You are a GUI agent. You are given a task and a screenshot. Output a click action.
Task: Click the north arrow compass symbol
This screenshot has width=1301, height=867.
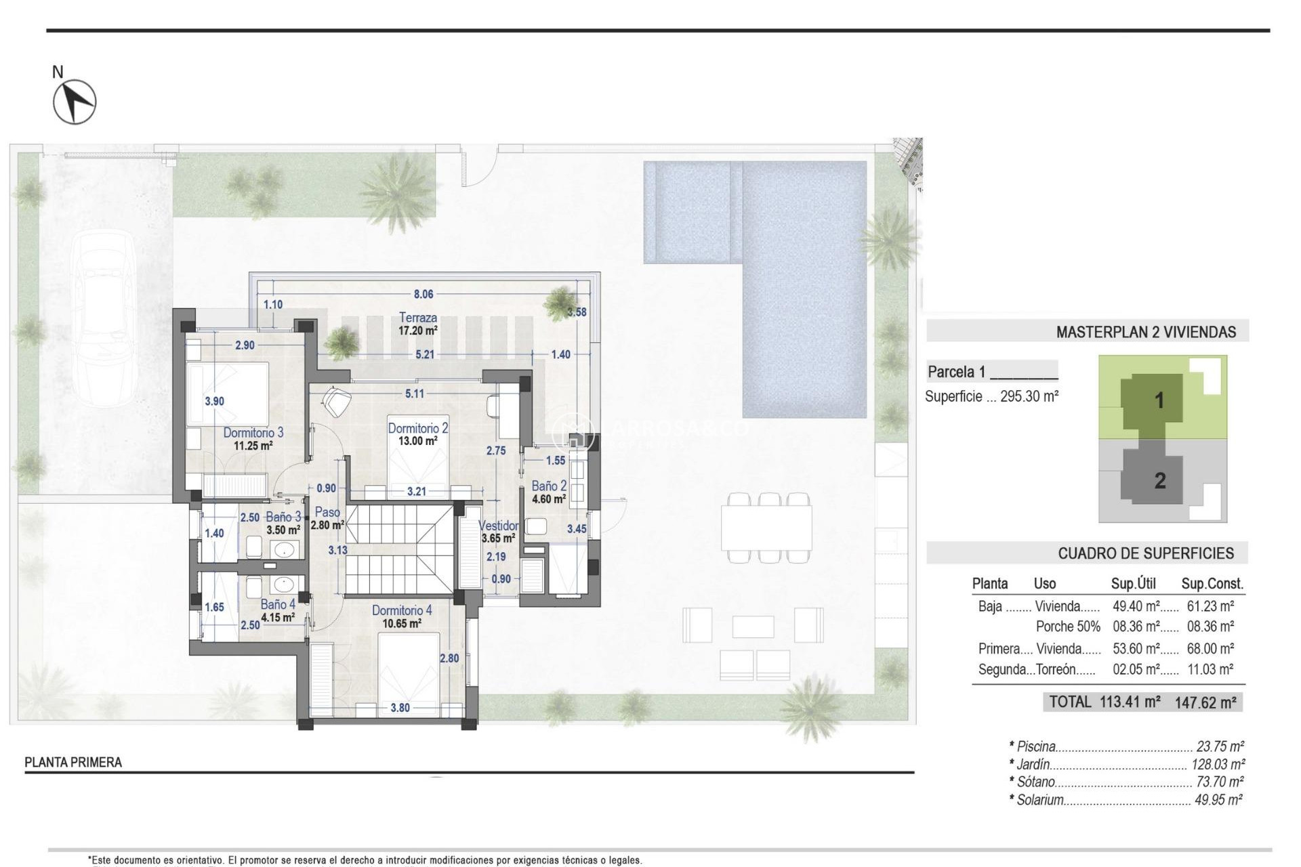(x=75, y=102)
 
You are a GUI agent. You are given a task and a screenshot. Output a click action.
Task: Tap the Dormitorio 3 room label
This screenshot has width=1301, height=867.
(x=253, y=432)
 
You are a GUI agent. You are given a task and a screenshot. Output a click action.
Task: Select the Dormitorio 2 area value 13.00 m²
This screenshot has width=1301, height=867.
(x=417, y=441)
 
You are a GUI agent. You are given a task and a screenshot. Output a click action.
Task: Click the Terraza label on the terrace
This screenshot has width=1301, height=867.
(x=417, y=318)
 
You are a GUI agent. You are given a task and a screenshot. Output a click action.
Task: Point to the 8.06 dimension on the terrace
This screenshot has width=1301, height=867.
(x=424, y=294)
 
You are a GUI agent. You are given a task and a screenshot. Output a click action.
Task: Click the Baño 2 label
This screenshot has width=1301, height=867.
(x=548, y=486)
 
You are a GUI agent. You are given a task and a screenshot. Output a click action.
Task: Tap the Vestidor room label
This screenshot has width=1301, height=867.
(x=498, y=526)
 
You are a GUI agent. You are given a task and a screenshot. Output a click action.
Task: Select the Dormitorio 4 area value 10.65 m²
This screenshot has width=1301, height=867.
(x=401, y=624)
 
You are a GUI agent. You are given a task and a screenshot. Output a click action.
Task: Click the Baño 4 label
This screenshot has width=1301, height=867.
(x=278, y=604)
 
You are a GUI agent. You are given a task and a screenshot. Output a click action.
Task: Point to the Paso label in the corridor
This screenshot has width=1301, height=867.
(x=327, y=512)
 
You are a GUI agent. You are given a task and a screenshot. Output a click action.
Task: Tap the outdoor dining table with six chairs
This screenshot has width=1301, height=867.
(x=766, y=528)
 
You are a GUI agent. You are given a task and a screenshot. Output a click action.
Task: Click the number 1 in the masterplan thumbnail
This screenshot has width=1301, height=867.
(x=1159, y=400)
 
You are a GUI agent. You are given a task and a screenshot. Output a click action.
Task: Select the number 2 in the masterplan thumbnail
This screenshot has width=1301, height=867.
(x=1160, y=481)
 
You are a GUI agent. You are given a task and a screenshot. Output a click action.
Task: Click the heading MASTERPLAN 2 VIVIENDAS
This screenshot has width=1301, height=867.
(x=1146, y=332)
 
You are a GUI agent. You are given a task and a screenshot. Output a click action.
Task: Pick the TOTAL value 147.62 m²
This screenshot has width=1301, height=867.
(x=1205, y=702)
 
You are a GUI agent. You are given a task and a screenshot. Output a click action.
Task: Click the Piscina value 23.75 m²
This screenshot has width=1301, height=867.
(x=1220, y=746)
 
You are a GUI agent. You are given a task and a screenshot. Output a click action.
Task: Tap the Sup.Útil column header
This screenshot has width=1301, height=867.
(x=1133, y=584)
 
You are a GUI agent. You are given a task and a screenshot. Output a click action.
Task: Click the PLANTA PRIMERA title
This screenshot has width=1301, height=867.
(x=73, y=762)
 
